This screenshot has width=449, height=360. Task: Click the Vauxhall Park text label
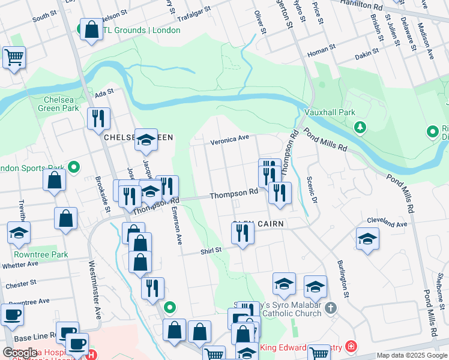[329, 112]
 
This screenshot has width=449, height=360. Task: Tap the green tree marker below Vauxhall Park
[360, 127]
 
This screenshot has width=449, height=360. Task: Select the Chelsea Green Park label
[61, 104]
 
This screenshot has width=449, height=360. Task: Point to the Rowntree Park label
[41, 254]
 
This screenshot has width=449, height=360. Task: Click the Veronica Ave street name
[229, 139]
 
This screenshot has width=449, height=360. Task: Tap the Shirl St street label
[211, 250]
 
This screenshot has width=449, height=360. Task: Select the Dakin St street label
[367, 55]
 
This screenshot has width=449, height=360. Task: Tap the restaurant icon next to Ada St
[98, 118]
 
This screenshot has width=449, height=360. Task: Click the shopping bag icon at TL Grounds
[91, 29]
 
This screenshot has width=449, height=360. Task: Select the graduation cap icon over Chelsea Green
[146, 139]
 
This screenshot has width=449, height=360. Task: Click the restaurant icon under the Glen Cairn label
[243, 232]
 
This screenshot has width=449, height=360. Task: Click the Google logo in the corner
[19, 353]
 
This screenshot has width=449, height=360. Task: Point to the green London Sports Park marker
[74, 166]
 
